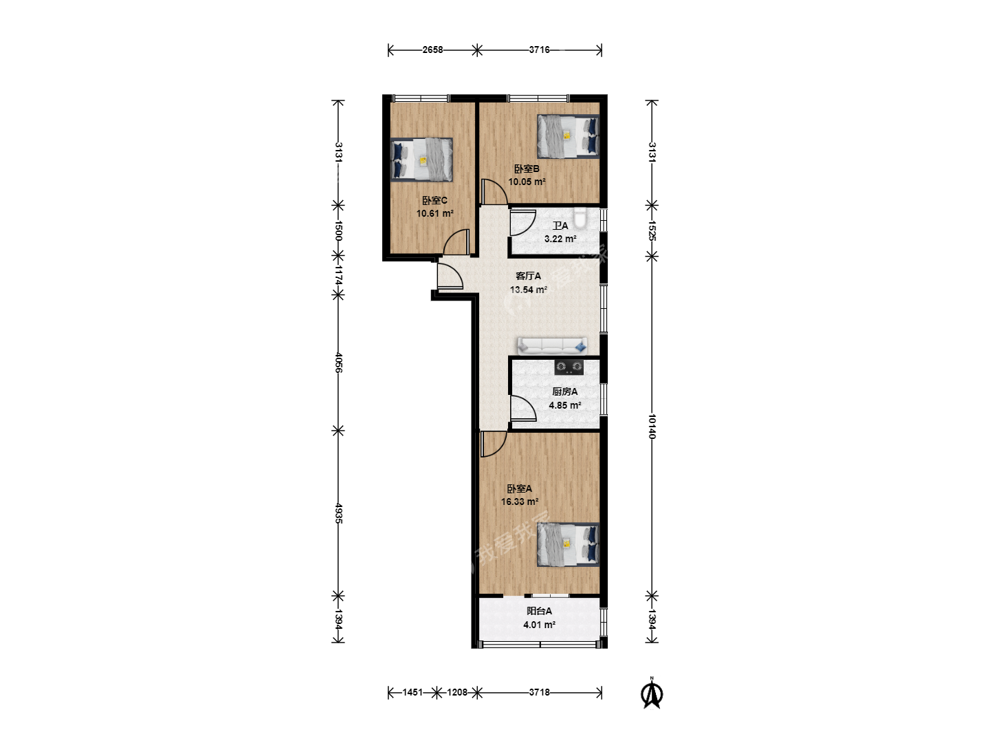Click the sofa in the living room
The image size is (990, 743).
tap(553, 345)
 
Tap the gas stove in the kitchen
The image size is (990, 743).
tap(569, 367)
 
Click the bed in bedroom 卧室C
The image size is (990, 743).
tap(421, 160)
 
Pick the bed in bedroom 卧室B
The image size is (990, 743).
tap(569, 137)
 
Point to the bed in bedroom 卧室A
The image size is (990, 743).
tap(569, 544)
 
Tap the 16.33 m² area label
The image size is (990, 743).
tap(520, 502)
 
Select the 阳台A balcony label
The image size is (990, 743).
tap(540, 612)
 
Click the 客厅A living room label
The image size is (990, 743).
tap(528, 276)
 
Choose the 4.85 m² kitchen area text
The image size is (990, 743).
tap(564, 406)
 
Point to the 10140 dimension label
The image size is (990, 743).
tap(652, 427)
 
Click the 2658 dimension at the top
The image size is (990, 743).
tap(432, 50)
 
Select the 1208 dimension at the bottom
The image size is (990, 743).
tap(457, 693)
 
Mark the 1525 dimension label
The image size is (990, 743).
tap(652, 230)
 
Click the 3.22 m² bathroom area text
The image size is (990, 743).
tap(560, 239)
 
